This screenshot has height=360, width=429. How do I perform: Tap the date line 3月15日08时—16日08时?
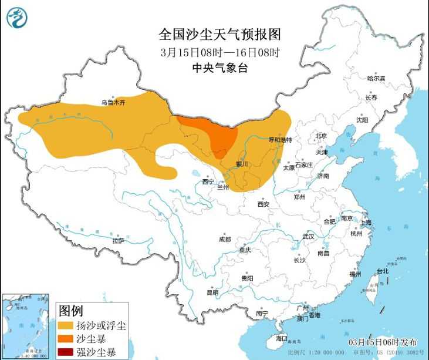[220, 52]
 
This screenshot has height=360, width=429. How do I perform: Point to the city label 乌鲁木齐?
[113, 102]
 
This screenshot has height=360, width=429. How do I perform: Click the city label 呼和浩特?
[280, 140]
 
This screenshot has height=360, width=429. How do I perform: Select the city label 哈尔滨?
[376, 78]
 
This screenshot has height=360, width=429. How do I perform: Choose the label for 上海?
[365, 222]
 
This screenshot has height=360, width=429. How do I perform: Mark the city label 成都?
[225, 240]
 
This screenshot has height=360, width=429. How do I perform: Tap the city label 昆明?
[212, 292]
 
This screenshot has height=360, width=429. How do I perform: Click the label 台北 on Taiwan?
[383, 271]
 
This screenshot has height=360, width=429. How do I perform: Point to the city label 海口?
[282, 338]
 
